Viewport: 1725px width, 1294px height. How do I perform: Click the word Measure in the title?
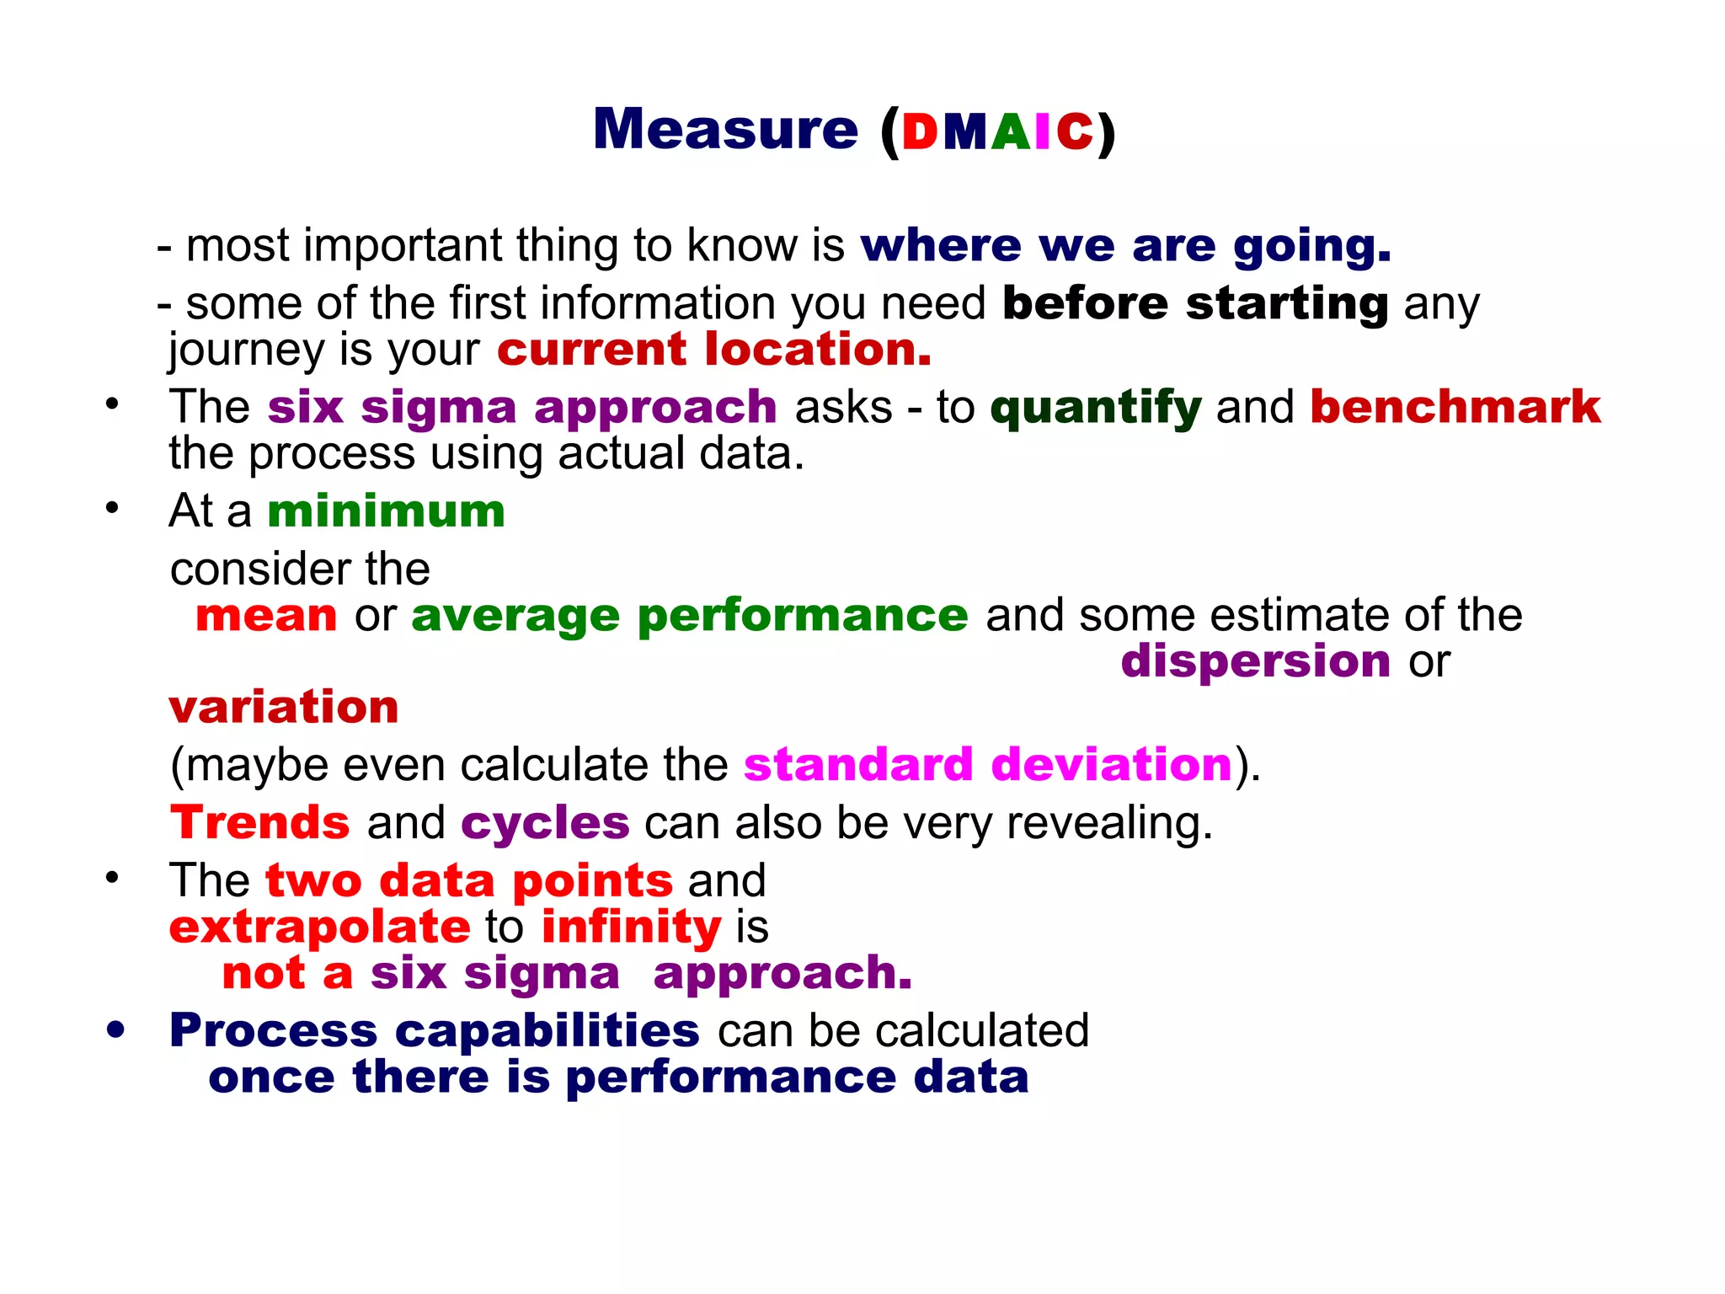tap(725, 130)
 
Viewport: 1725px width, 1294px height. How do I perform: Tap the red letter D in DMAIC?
tap(920, 132)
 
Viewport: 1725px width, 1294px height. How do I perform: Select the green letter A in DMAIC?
tap(1011, 132)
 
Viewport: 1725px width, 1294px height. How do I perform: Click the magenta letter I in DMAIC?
tap(1044, 132)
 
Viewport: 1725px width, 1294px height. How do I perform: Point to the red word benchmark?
tap(1455, 407)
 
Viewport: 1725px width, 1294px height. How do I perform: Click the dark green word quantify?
tap(1095, 409)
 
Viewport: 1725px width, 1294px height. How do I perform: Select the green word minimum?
tap(386, 511)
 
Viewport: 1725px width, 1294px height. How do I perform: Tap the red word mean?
tap(266, 615)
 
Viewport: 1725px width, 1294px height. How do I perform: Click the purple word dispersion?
tap(1255, 661)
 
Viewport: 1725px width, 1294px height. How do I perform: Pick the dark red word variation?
tap(283, 707)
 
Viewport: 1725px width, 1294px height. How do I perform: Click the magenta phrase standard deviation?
tap(988, 765)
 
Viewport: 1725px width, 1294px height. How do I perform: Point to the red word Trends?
tap(259, 822)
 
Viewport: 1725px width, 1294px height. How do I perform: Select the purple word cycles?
tap(545, 824)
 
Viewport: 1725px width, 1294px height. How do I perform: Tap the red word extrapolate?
tap(319, 927)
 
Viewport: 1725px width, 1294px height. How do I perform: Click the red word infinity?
tap(631, 928)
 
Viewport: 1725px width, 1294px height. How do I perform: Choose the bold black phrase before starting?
tap(1194, 303)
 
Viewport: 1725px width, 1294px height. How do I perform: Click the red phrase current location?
tap(714, 350)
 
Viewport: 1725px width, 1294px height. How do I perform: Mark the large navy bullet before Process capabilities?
tap(116, 1029)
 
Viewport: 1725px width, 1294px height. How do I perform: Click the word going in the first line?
tap(1311, 247)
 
